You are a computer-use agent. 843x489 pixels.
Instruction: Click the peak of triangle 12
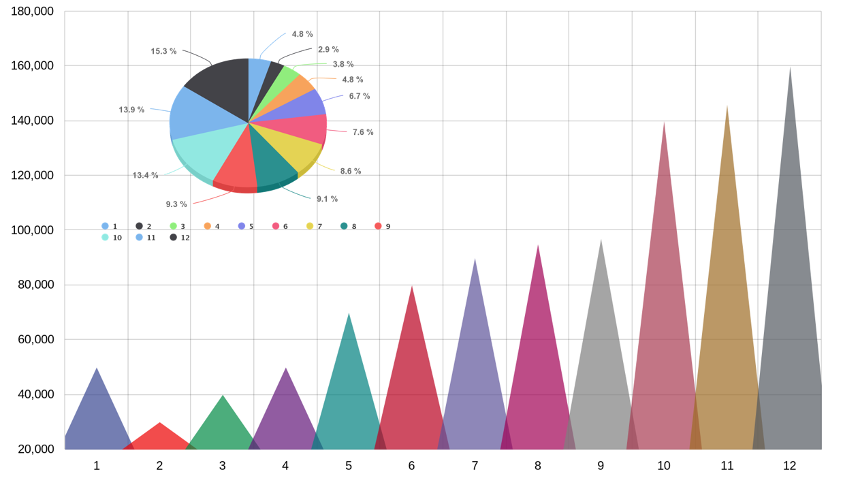pyautogui.click(x=790, y=68)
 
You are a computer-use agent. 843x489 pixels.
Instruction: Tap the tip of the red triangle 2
pyautogui.click(x=159, y=423)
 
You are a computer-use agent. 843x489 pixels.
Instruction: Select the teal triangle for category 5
pyautogui.click(x=349, y=395)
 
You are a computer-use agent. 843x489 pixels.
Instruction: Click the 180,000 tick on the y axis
pyautogui.click(x=32, y=12)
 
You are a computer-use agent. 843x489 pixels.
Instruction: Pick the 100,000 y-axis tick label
pyautogui.click(x=32, y=230)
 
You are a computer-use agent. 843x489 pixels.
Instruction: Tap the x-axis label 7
pyautogui.click(x=475, y=466)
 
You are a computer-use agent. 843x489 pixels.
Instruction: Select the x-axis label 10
pyautogui.click(x=664, y=466)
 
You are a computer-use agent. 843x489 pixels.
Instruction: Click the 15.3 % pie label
pyautogui.click(x=163, y=51)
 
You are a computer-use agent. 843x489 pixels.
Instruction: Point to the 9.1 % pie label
pyautogui.click(x=327, y=199)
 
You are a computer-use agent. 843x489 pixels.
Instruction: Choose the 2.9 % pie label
pyautogui.click(x=328, y=50)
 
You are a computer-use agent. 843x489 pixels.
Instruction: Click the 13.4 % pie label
pyautogui.click(x=145, y=175)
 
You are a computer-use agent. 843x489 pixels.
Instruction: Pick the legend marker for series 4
pyautogui.click(x=208, y=226)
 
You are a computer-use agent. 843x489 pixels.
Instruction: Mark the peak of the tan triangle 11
pyautogui.click(x=727, y=106)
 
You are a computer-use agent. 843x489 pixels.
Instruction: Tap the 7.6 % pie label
pyautogui.click(x=363, y=132)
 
